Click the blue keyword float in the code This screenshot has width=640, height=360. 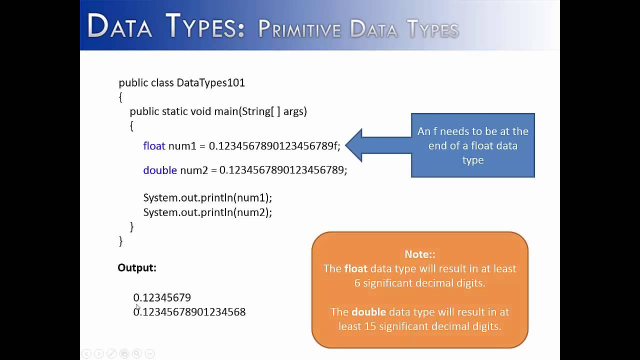(154, 146)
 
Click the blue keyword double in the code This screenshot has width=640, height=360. (160, 170)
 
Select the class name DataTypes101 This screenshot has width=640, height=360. (210, 82)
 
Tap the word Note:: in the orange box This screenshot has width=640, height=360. (419, 254)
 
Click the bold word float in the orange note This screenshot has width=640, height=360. (355, 268)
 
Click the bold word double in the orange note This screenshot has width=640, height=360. (368, 312)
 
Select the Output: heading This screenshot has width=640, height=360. (137, 267)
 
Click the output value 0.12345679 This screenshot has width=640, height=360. (162, 297)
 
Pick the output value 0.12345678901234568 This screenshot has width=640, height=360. (189, 312)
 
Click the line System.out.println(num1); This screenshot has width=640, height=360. (207, 197)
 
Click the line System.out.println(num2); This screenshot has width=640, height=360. (207, 212)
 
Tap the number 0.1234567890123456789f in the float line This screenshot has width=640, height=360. (274, 146)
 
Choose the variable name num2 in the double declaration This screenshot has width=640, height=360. (193, 170)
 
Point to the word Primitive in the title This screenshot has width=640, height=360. (298, 29)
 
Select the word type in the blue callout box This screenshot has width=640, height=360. (472, 160)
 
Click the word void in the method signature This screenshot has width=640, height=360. (201, 111)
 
